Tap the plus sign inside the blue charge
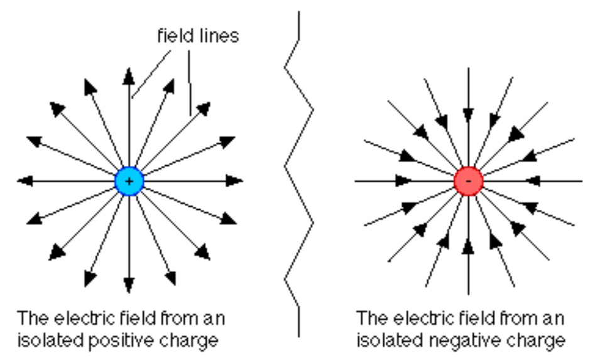129,181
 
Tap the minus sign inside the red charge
468,182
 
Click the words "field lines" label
197,36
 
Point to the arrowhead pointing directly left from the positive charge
25,181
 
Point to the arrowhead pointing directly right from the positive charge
234,181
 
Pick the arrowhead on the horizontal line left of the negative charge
403,181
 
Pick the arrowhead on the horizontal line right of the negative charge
533,181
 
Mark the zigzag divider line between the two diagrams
298,170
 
